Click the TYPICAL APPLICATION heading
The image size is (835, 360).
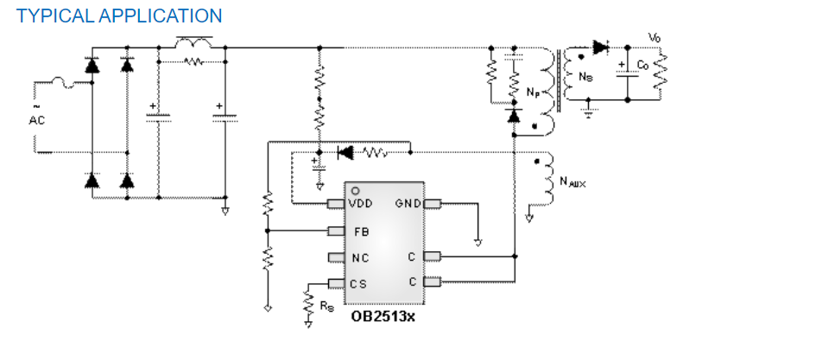click(119, 16)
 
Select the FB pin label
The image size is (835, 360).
click(361, 231)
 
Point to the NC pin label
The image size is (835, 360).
click(361, 257)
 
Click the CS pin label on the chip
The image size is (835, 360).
click(358, 283)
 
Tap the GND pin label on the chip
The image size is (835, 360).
click(408, 204)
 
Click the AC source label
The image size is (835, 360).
click(36, 120)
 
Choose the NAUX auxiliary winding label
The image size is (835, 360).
click(572, 181)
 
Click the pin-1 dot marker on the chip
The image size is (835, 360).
click(354, 191)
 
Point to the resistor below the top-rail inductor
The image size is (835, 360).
click(193, 61)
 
